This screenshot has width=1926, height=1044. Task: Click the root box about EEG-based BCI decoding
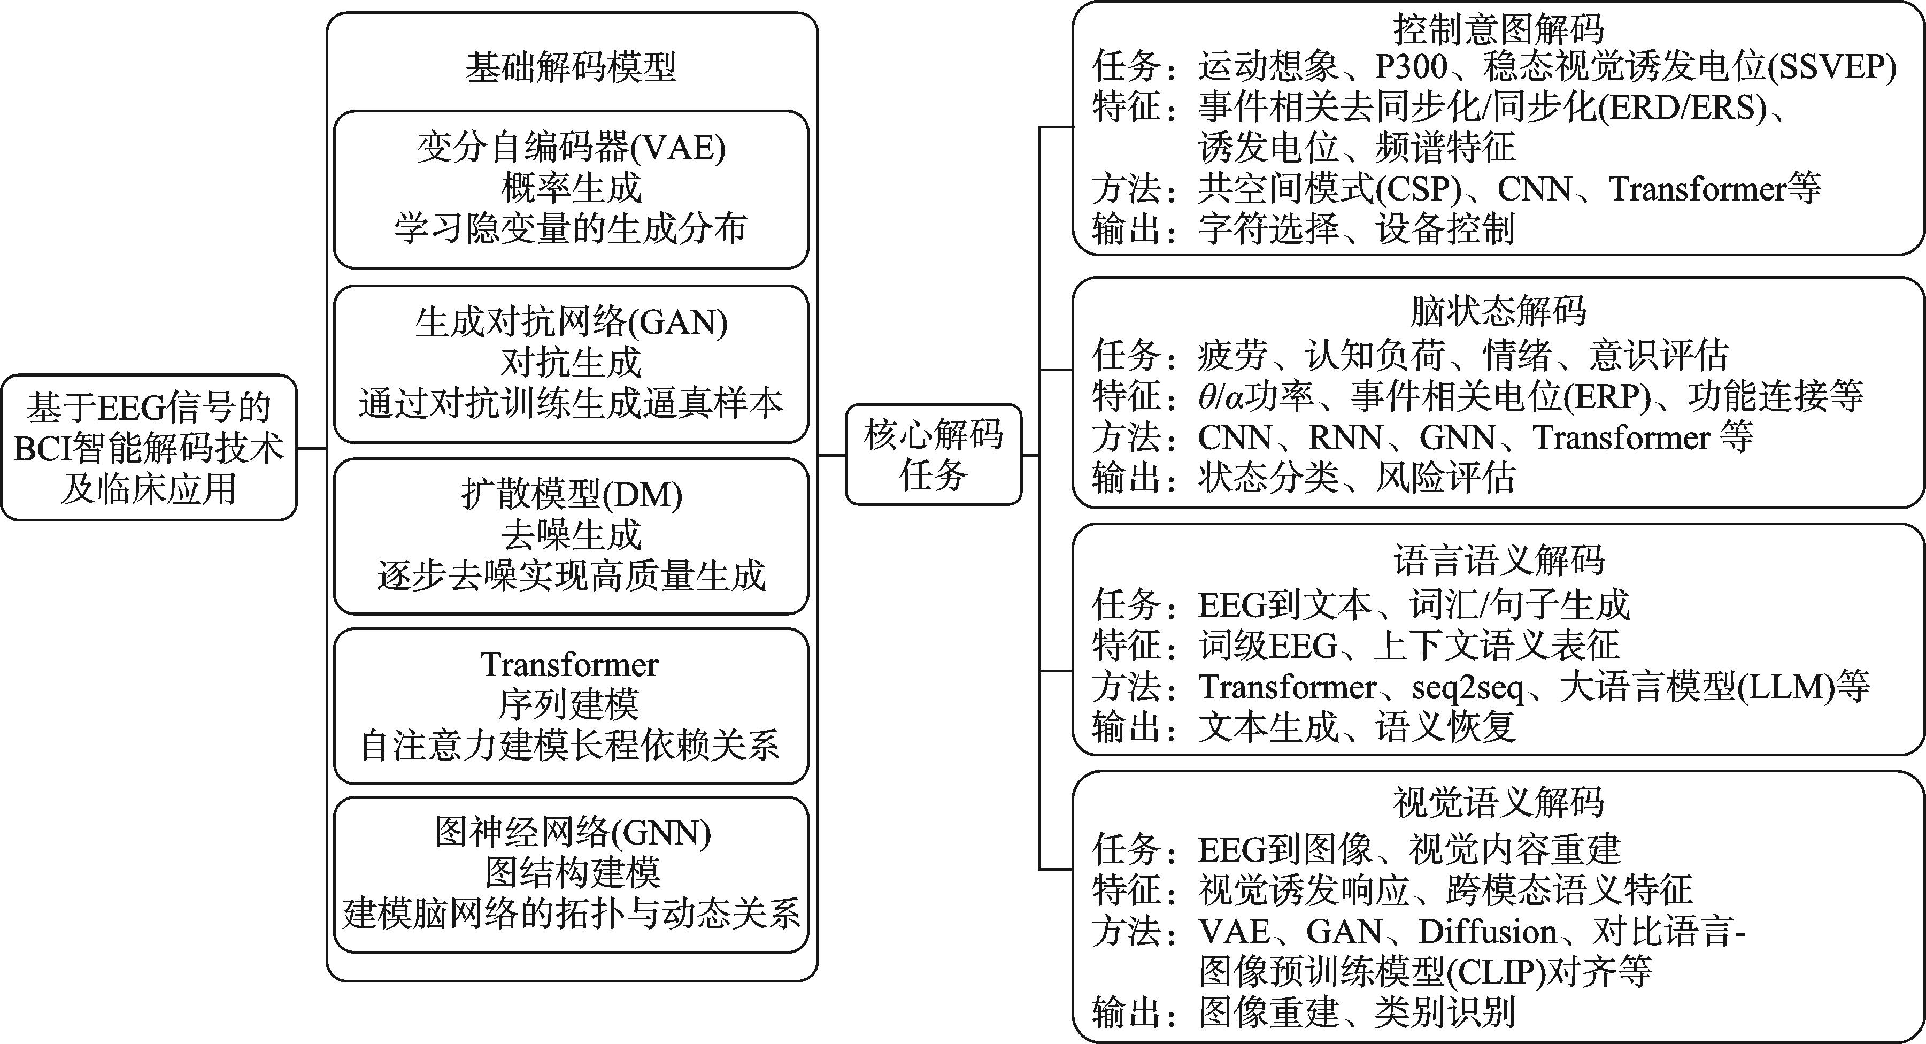tap(149, 447)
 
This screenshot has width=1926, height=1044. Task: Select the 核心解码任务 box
tap(934, 455)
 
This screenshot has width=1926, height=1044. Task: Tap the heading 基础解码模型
tap(571, 66)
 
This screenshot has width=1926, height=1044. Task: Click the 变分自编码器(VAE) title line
tap(571, 147)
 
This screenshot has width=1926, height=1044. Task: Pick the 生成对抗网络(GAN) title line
tap(571, 323)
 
